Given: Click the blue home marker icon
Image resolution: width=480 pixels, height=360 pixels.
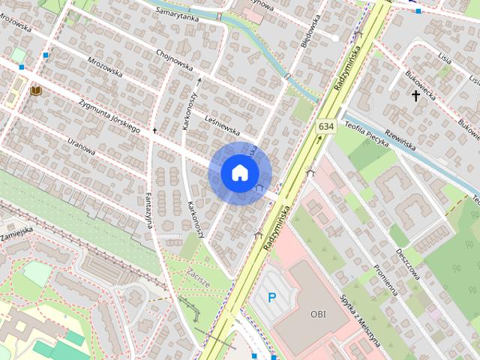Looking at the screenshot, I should click(x=238, y=172).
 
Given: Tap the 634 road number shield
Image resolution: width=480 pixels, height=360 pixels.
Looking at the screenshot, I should click(x=325, y=127).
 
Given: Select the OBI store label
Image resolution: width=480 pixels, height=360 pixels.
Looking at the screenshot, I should click(x=319, y=314).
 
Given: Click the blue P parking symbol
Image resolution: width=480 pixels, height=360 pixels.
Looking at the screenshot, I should click(x=272, y=298).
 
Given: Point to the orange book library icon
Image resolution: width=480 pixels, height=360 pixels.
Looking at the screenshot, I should click(x=35, y=91).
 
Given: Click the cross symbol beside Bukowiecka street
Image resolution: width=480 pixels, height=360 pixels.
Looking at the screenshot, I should click(x=415, y=95).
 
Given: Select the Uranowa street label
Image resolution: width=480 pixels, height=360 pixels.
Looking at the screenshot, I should click(x=82, y=145).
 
